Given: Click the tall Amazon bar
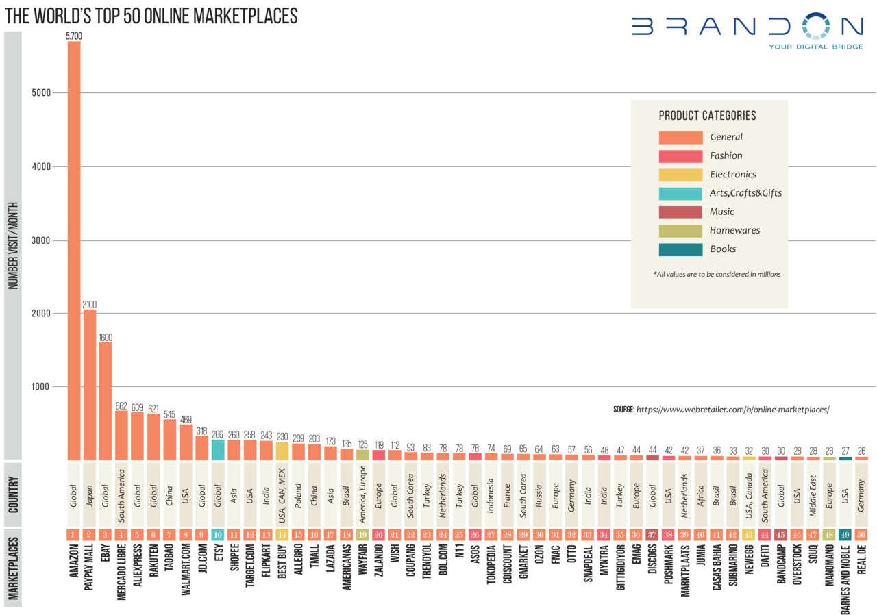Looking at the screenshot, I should pyautogui.click(x=73, y=250).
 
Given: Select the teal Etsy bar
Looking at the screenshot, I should pyautogui.click(x=218, y=449).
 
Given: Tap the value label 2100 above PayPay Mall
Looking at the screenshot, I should pyautogui.click(x=90, y=304).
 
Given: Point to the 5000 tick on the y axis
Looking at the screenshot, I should pyautogui.click(x=41, y=92).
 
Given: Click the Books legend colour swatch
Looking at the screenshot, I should pyautogui.click(x=680, y=249).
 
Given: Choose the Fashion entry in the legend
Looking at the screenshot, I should pyautogui.click(x=726, y=155).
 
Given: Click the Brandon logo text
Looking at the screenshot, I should pyautogui.click(x=747, y=27).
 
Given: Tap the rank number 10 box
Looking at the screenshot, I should pyautogui.click(x=218, y=534).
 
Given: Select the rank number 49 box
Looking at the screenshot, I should pyautogui.click(x=845, y=534).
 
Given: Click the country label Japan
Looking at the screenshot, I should pyautogui.click(x=90, y=494).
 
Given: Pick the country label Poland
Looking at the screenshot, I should pyautogui.click(x=299, y=494).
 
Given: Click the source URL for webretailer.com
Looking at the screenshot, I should pyautogui.click(x=733, y=410).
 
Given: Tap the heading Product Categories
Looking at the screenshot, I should pyautogui.click(x=707, y=116).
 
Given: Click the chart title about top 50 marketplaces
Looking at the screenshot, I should pyautogui.click(x=151, y=16).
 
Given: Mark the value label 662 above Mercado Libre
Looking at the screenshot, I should pyautogui.click(x=122, y=406).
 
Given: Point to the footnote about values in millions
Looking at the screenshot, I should pyautogui.click(x=717, y=274).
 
